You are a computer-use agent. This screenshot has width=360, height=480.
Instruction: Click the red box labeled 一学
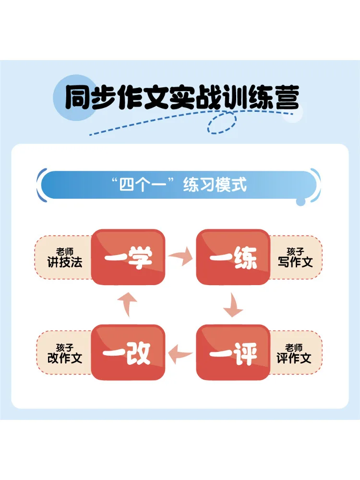(128, 257)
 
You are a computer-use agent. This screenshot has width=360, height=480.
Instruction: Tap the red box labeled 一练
(233, 257)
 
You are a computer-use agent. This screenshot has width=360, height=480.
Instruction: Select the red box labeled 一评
(233, 352)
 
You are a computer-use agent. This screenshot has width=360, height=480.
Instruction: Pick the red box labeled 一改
(128, 352)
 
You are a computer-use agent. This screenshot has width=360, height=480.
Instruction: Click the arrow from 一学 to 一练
(180, 256)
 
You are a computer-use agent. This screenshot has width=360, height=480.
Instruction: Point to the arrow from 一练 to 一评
(233, 305)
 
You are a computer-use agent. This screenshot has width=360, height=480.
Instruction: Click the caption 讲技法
(65, 263)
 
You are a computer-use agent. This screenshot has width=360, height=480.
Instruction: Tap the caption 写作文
(295, 263)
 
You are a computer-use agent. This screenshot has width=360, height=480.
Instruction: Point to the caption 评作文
(294, 358)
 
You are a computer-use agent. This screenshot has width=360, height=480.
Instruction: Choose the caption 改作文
(65, 358)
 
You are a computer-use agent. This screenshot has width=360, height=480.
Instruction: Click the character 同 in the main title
(77, 97)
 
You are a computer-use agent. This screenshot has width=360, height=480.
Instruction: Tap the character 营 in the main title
(287, 97)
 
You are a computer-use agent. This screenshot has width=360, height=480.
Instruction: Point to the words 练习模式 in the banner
(215, 185)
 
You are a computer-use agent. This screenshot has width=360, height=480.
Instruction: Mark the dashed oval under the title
(222, 122)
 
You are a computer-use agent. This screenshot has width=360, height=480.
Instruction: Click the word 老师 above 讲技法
(65, 252)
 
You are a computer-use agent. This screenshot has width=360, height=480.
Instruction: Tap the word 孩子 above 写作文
(295, 252)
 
